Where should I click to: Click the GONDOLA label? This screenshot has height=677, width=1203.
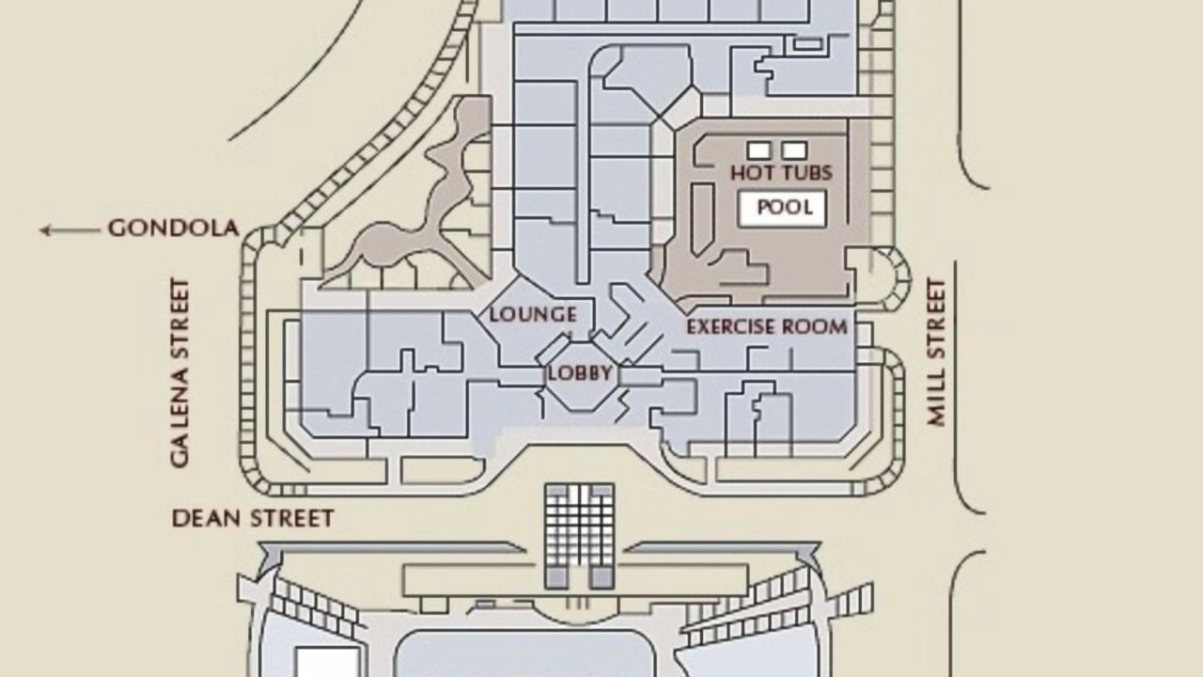174,228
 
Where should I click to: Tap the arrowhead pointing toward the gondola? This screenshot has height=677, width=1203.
45,230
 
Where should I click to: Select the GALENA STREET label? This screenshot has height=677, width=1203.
180,373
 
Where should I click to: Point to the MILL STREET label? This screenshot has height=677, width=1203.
936,353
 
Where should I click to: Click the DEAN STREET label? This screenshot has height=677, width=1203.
253,518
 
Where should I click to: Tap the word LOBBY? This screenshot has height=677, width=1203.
580,373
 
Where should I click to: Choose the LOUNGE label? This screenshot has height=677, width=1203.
533,314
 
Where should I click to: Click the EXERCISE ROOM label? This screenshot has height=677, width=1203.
767,326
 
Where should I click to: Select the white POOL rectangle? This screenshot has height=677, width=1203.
783,209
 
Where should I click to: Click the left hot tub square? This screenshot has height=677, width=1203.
758,150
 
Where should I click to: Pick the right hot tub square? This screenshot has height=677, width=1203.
795,150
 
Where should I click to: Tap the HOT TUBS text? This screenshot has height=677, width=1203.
781,172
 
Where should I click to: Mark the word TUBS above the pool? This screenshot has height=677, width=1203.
805,172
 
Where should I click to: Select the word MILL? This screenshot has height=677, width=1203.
936,399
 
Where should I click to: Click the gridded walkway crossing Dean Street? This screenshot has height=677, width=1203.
580,536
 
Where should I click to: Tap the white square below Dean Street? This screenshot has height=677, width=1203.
327,662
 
